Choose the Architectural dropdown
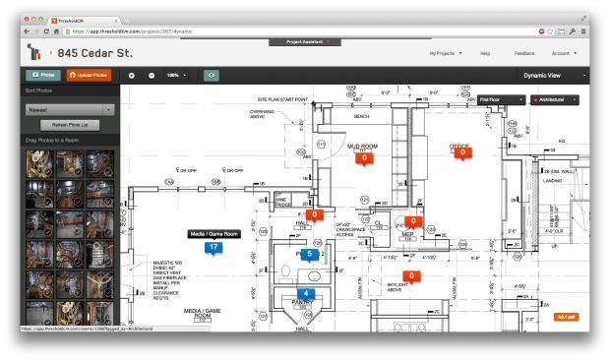click(x=554, y=99)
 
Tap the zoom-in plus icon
click(x=131, y=76)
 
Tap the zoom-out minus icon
click(x=152, y=76)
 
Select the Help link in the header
click(x=485, y=52)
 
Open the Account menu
click(x=564, y=52)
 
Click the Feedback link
click(x=524, y=52)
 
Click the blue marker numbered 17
click(x=213, y=248)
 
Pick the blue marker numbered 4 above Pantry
click(x=309, y=293)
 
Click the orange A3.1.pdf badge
click(x=567, y=317)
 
